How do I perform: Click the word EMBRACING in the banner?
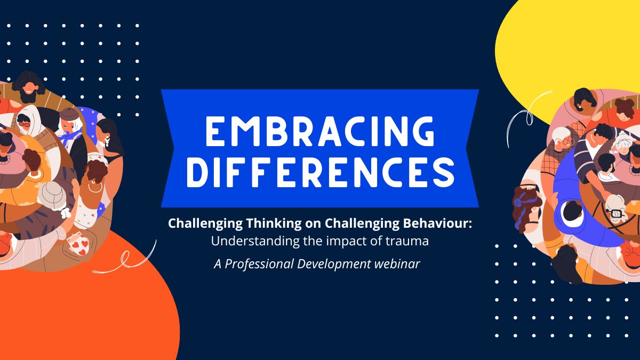point(319,130)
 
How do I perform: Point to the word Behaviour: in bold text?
point(441,223)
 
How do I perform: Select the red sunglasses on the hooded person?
point(25,124)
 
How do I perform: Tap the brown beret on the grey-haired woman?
point(69,114)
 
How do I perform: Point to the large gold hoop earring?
point(94,186)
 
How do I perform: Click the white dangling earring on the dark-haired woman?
point(106,142)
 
